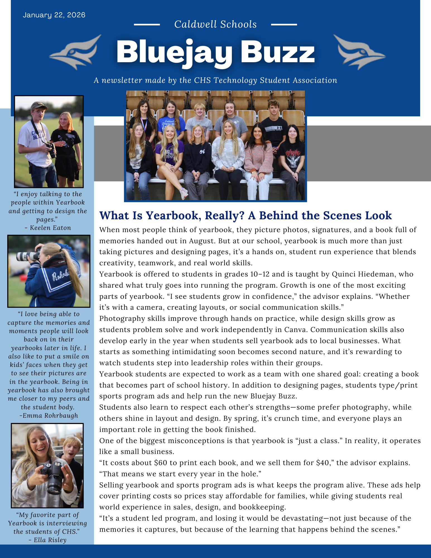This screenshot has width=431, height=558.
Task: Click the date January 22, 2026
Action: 54,15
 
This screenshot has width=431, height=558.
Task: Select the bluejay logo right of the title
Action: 359,52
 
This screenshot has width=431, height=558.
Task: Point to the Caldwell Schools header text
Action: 215,25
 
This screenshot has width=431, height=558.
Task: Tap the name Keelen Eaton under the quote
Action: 50,228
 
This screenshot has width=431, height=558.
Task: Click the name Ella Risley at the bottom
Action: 50,540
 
